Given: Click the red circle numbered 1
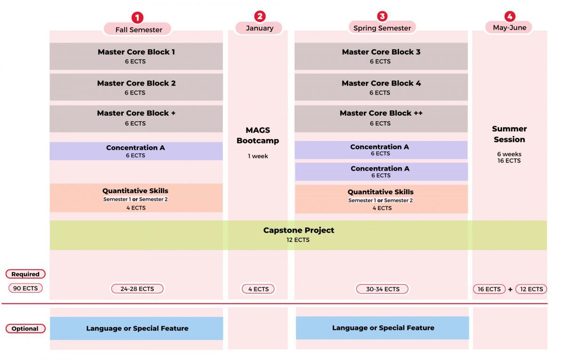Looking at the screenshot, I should pyautogui.click(x=137, y=18).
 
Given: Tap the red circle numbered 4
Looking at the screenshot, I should pyautogui.click(x=509, y=16).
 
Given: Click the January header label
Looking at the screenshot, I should pyautogui.click(x=259, y=28).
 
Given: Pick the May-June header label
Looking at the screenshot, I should pyautogui.click(x=509, y=28).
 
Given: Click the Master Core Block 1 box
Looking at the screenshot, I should pyautogui.click(x=136, y=56).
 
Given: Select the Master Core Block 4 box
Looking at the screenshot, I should pyautogui.click(x=381, y=87).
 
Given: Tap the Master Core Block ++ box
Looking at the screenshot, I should pyautogui.click(x=381, y=118).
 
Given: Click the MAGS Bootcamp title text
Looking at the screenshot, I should pyautogui.click(x=258, y=135).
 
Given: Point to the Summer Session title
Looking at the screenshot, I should pyautogui.click(x=509, y=134).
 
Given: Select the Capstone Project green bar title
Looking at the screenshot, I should pyautogui.click(x=298, y=230).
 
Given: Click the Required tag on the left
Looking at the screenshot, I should pyautogui.click(x=25, y=274).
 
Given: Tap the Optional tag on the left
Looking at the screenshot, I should pyautogui.click(x=25, y=329).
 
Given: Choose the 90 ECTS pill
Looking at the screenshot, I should pyautogui.click(x=25, y=288).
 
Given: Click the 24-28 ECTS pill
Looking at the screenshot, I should pyautogui.click(x=137, y=289).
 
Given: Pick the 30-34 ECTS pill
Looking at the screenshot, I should pyautogui.click(x=383, y=289).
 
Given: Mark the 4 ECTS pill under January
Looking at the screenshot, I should pyautogui.click(x=258, y=289).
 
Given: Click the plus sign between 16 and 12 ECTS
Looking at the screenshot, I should pyautogui.click(x=510, y=290).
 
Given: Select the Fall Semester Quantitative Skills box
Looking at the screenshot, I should pyautogui.click(x=136, y=198).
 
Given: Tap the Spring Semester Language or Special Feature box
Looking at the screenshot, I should pyautogui.click(x=383, y=328).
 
